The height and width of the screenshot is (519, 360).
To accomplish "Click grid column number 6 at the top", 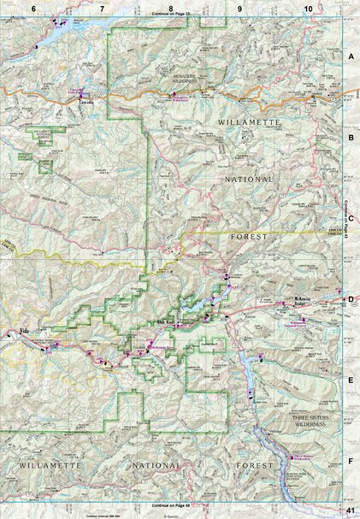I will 33,8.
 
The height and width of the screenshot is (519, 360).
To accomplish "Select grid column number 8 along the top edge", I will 171,8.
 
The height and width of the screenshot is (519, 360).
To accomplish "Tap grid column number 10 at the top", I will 308,8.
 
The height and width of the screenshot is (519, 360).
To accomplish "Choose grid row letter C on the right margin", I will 351,217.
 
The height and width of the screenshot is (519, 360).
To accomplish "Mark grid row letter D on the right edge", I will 351,298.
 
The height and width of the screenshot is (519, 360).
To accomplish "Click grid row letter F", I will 351,460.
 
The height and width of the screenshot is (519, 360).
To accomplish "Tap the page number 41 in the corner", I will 350,510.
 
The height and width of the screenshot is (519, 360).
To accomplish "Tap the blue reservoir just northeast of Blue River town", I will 195,305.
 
